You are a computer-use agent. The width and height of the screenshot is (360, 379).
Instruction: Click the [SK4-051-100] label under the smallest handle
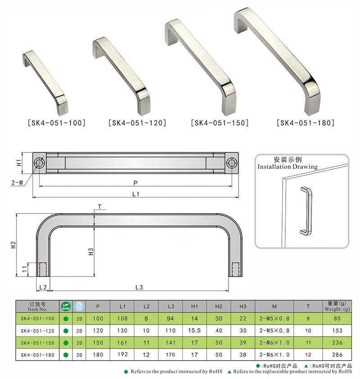(57, 122)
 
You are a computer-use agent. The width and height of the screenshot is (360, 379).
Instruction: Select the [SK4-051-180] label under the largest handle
(306, 122)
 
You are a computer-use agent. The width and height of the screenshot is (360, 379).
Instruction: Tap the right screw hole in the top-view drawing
(232, 162)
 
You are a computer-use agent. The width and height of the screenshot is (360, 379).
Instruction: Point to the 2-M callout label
(18, 183)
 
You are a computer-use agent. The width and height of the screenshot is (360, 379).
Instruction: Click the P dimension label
(135, 183)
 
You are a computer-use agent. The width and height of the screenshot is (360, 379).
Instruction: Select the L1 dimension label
(135, 194)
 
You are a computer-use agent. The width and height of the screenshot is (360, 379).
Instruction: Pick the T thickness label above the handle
(99, 207)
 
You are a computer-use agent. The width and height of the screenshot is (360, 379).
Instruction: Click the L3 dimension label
(139, 287)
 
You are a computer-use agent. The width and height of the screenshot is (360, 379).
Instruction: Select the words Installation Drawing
(287, 167)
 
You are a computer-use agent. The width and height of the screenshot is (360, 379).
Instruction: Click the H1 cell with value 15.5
(195, 330)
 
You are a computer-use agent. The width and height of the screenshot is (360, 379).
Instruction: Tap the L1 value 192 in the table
(123, 355)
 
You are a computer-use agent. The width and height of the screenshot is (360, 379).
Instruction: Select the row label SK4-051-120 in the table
(38, 330)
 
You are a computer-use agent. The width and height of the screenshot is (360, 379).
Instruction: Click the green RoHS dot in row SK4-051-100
(66, 319)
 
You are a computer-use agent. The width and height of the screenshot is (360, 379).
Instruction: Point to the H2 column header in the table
(219, 307)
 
